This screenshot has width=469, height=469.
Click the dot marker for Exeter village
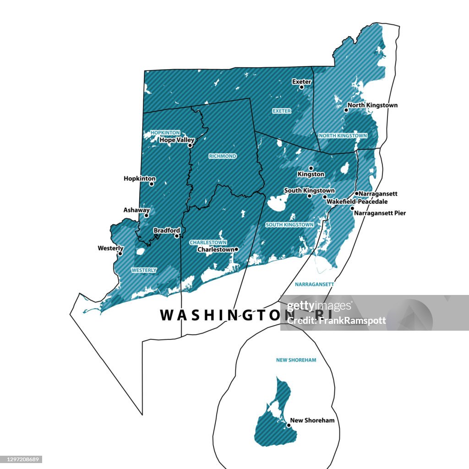click(301, 87)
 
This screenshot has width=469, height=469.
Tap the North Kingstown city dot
click(346, 110)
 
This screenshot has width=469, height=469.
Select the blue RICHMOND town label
click(223, 156)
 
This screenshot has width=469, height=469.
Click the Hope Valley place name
click(177, 140)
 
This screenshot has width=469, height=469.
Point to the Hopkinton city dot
click(152, 184)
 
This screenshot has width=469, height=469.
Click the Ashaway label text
click(136, 210)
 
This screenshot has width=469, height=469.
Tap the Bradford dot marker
click(177, 236)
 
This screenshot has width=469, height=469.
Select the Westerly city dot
click(120, 253)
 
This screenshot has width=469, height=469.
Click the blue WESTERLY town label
click(144, 270)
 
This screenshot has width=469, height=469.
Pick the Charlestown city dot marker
click(237, 249)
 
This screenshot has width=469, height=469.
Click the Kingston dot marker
click(311, 168)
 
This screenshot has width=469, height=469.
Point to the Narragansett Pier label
click(380, 213)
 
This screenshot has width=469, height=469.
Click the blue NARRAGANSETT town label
click(314, 284)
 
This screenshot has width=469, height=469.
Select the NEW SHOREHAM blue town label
click(296, 360)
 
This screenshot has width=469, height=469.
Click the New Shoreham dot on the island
click(289, 425)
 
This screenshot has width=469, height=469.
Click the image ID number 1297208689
click(22, 459)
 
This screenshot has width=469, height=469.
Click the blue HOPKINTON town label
click(165, 132)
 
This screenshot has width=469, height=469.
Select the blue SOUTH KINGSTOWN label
click(289, 225)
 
